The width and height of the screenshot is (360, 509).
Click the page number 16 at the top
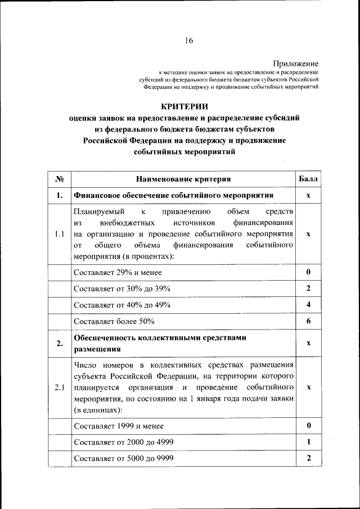(x=188, y=40)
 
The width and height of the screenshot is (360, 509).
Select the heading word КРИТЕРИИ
(x=184, y=106)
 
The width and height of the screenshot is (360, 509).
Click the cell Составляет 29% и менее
(x=118, y=272)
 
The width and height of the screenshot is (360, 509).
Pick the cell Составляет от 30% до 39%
(x=122, y=289)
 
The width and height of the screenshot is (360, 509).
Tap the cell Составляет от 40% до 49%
(x=122, y=305)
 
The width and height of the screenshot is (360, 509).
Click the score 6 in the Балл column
(x=308, y=321)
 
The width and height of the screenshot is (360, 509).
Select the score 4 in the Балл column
(x=308, y=304)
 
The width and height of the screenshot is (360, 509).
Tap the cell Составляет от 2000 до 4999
(x=123, y=442)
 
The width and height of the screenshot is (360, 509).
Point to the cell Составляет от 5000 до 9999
(x=123, y=458)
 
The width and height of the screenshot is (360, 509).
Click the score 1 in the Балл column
(x=308, y=442)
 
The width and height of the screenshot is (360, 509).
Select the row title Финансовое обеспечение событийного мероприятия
(x=173, y=195)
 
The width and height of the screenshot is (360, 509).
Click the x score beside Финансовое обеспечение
(x=308, y=196)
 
